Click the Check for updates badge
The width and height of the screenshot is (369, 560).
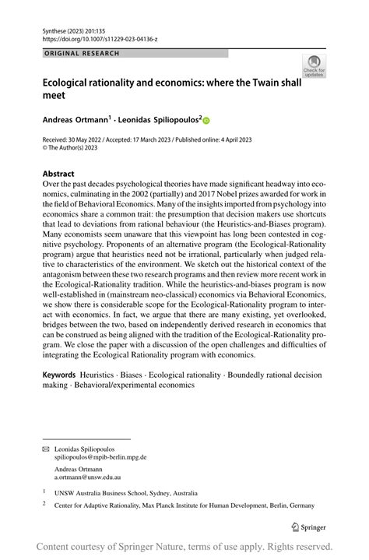[x=315, y=65]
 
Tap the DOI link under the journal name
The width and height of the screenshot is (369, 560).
[x=94, y=37]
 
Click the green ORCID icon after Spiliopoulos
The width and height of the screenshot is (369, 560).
[x=206, y=121]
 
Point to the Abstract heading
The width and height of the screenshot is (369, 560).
[x=59, y=174]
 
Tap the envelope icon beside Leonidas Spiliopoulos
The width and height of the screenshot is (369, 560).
[x=45, y=449]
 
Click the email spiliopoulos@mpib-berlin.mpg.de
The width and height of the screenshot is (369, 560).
[x=100, y=458]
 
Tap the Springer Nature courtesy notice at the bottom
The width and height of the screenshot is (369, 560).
[x=184, y=546]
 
